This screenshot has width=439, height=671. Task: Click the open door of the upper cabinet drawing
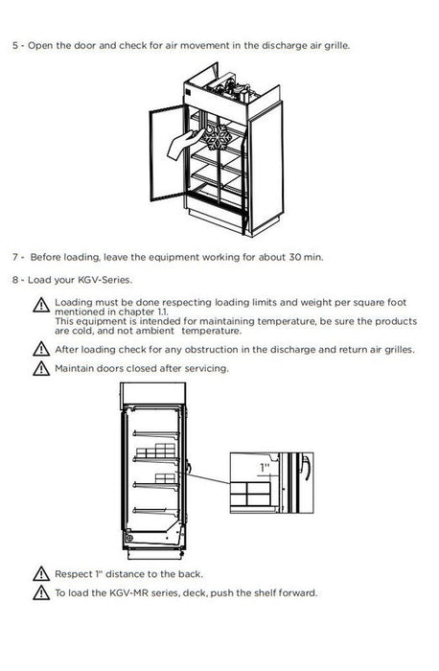(x=168, y=152)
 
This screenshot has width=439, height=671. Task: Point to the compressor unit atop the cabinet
(x=230, y=89)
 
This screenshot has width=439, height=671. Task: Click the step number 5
(x=15, y=45)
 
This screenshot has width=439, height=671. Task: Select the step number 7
(x=15, y=257)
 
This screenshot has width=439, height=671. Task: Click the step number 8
(x=15, y=280)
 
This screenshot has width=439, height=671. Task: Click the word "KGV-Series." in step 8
(x=104, y=280)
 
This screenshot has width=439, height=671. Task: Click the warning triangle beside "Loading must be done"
(x=41, y=305)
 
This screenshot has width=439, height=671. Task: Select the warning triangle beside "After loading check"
(x=41, y=349)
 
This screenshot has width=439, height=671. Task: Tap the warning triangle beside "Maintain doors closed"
(x=41, y=368)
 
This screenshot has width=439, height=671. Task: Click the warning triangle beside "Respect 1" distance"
(x=41, y=573)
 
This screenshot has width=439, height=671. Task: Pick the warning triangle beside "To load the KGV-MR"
(x=41, y=592)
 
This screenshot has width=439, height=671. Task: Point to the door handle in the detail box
(x=305, y=468)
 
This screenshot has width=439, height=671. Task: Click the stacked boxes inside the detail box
(x=250, y=494)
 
